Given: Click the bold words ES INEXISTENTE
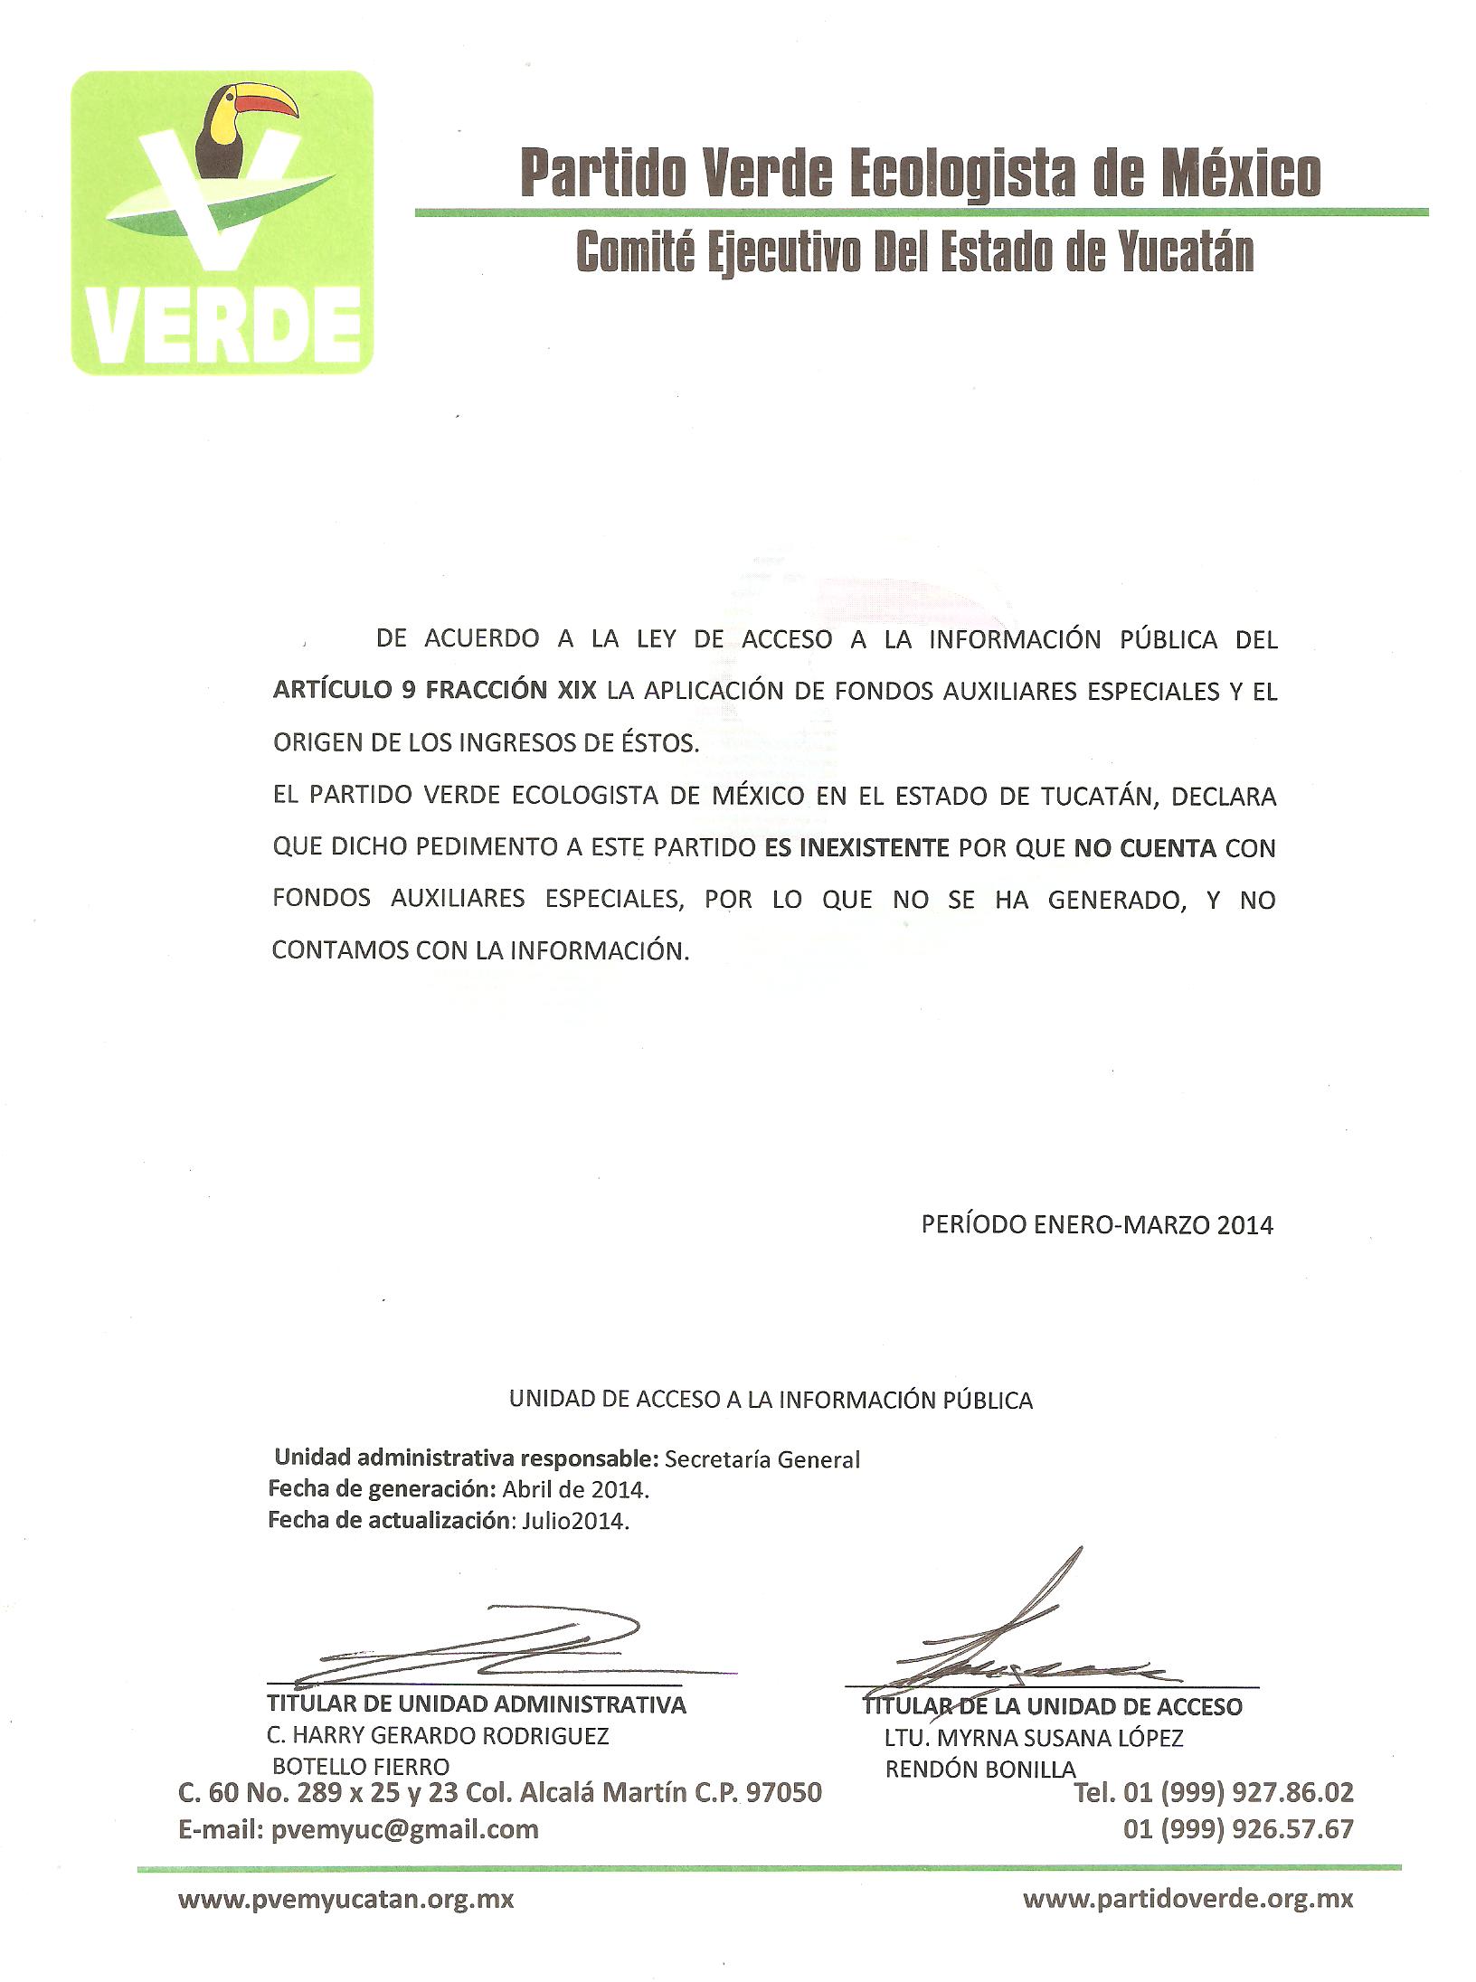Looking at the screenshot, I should click(856, 848).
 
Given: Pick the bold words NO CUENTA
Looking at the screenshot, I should click(1145, 848).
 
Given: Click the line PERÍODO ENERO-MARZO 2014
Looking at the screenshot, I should click(1096, 1224).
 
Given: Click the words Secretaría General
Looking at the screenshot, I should click(762, 1458).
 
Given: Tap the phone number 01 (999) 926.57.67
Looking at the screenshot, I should click(1238, 1829).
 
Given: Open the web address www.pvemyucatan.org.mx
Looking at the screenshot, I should click(346, 1899).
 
